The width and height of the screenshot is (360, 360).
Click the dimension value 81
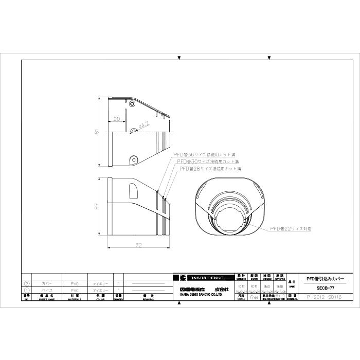pyautogui.click(x=96, y=132)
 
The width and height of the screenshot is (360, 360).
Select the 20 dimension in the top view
pyautogui.click(x=116, y=118)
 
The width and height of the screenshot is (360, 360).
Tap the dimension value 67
pyautogui.click(x=96, y=206)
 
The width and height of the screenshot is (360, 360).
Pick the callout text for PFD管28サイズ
pyautogui.click(x=210, y=168)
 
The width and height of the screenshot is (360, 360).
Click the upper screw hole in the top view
pyautogui.click(x=133, y=104)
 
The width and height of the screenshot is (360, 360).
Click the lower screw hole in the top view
pyautogui.click(x=133, y=159)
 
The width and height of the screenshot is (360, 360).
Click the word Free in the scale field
pyautogui.click(x=254, y=297)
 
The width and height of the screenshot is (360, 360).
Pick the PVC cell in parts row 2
pyautogui.click(x=75, y=283)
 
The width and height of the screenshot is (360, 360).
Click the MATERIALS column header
pyautogui.click(x=75, y=298)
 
